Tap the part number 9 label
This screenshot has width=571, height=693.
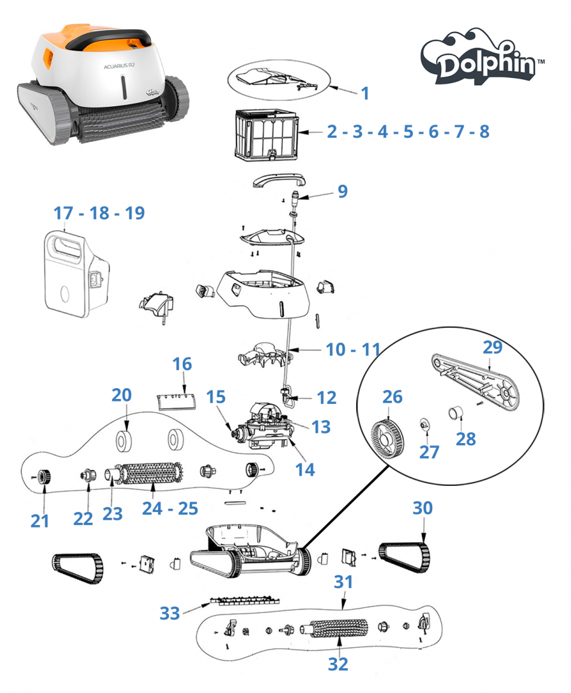tap(342, 191)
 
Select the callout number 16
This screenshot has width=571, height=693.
tap(182, 364)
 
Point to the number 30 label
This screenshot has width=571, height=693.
tap(423, 508)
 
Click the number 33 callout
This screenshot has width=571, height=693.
tap(170, 613)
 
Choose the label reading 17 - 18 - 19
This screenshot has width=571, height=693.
tap(99, 213)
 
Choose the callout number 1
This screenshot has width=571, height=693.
tap(365, 93)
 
